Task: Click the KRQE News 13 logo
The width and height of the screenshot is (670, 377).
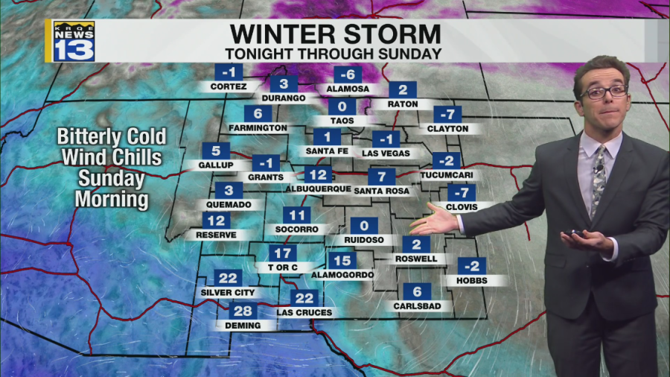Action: pyautogui.click(x=73, y=41)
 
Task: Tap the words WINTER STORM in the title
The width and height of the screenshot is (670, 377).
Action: pyautogui.click(x=335, y=34)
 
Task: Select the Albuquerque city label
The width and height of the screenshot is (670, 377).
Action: pyautogui.click(x=319, y=189)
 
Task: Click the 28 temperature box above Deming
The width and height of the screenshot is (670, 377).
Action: pyautogui.click(x=243, y=311)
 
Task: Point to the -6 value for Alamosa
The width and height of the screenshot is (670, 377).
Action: pyautogui.click(x=348, y=75)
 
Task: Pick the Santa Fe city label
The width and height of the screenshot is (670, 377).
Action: pyautogui.click(x=327, y=151)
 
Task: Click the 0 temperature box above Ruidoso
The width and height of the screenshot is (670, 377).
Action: pyautogui.click(x=364, y=226)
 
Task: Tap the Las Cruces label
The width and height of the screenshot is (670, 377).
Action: pyautogui.click(x=304, y=312)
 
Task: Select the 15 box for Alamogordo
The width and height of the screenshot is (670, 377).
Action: pyautogui.click(x=342, y=261)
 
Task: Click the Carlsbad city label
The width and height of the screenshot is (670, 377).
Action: pyautogui.click(x=417, y=306)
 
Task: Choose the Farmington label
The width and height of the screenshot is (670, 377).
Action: pyautogui.click(x=258, y=128)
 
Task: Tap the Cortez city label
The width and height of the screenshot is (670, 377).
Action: pyautogui.click(x=229, y=87)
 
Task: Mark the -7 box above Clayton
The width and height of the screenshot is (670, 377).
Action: pyautogui.click(x=447, y=115)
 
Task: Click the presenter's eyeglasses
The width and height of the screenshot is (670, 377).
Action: pyautogui.click(x=604, y=92)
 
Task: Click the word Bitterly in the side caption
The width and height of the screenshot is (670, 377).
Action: pyautogui.click(x=112, y=137)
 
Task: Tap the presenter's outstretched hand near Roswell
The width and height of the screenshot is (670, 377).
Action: pyautogui.click(x=433, y=221)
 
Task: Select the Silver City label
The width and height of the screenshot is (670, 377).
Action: pyautogui.click(x=228, y=293)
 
